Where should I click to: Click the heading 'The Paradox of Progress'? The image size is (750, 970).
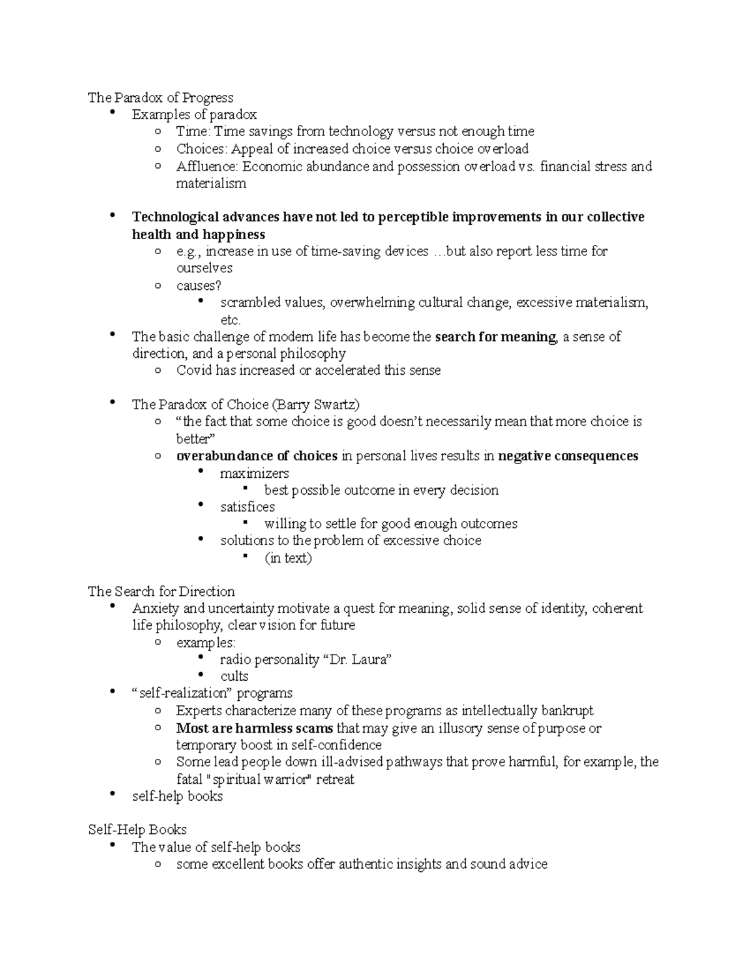161,97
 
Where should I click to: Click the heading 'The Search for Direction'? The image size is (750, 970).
161,591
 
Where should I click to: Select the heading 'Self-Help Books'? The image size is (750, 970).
137,829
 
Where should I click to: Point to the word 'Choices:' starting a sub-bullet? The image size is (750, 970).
202,149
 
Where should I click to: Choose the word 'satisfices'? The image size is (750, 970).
247,507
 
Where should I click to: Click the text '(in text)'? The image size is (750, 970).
288,558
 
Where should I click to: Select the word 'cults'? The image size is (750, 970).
234,676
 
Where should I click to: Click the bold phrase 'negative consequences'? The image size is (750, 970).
568,456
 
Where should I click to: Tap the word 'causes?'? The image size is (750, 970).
199,285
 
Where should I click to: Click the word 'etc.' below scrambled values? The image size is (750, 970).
230,320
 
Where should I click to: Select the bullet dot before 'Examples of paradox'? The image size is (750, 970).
112,113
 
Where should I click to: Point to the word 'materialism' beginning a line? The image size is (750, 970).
211,184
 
